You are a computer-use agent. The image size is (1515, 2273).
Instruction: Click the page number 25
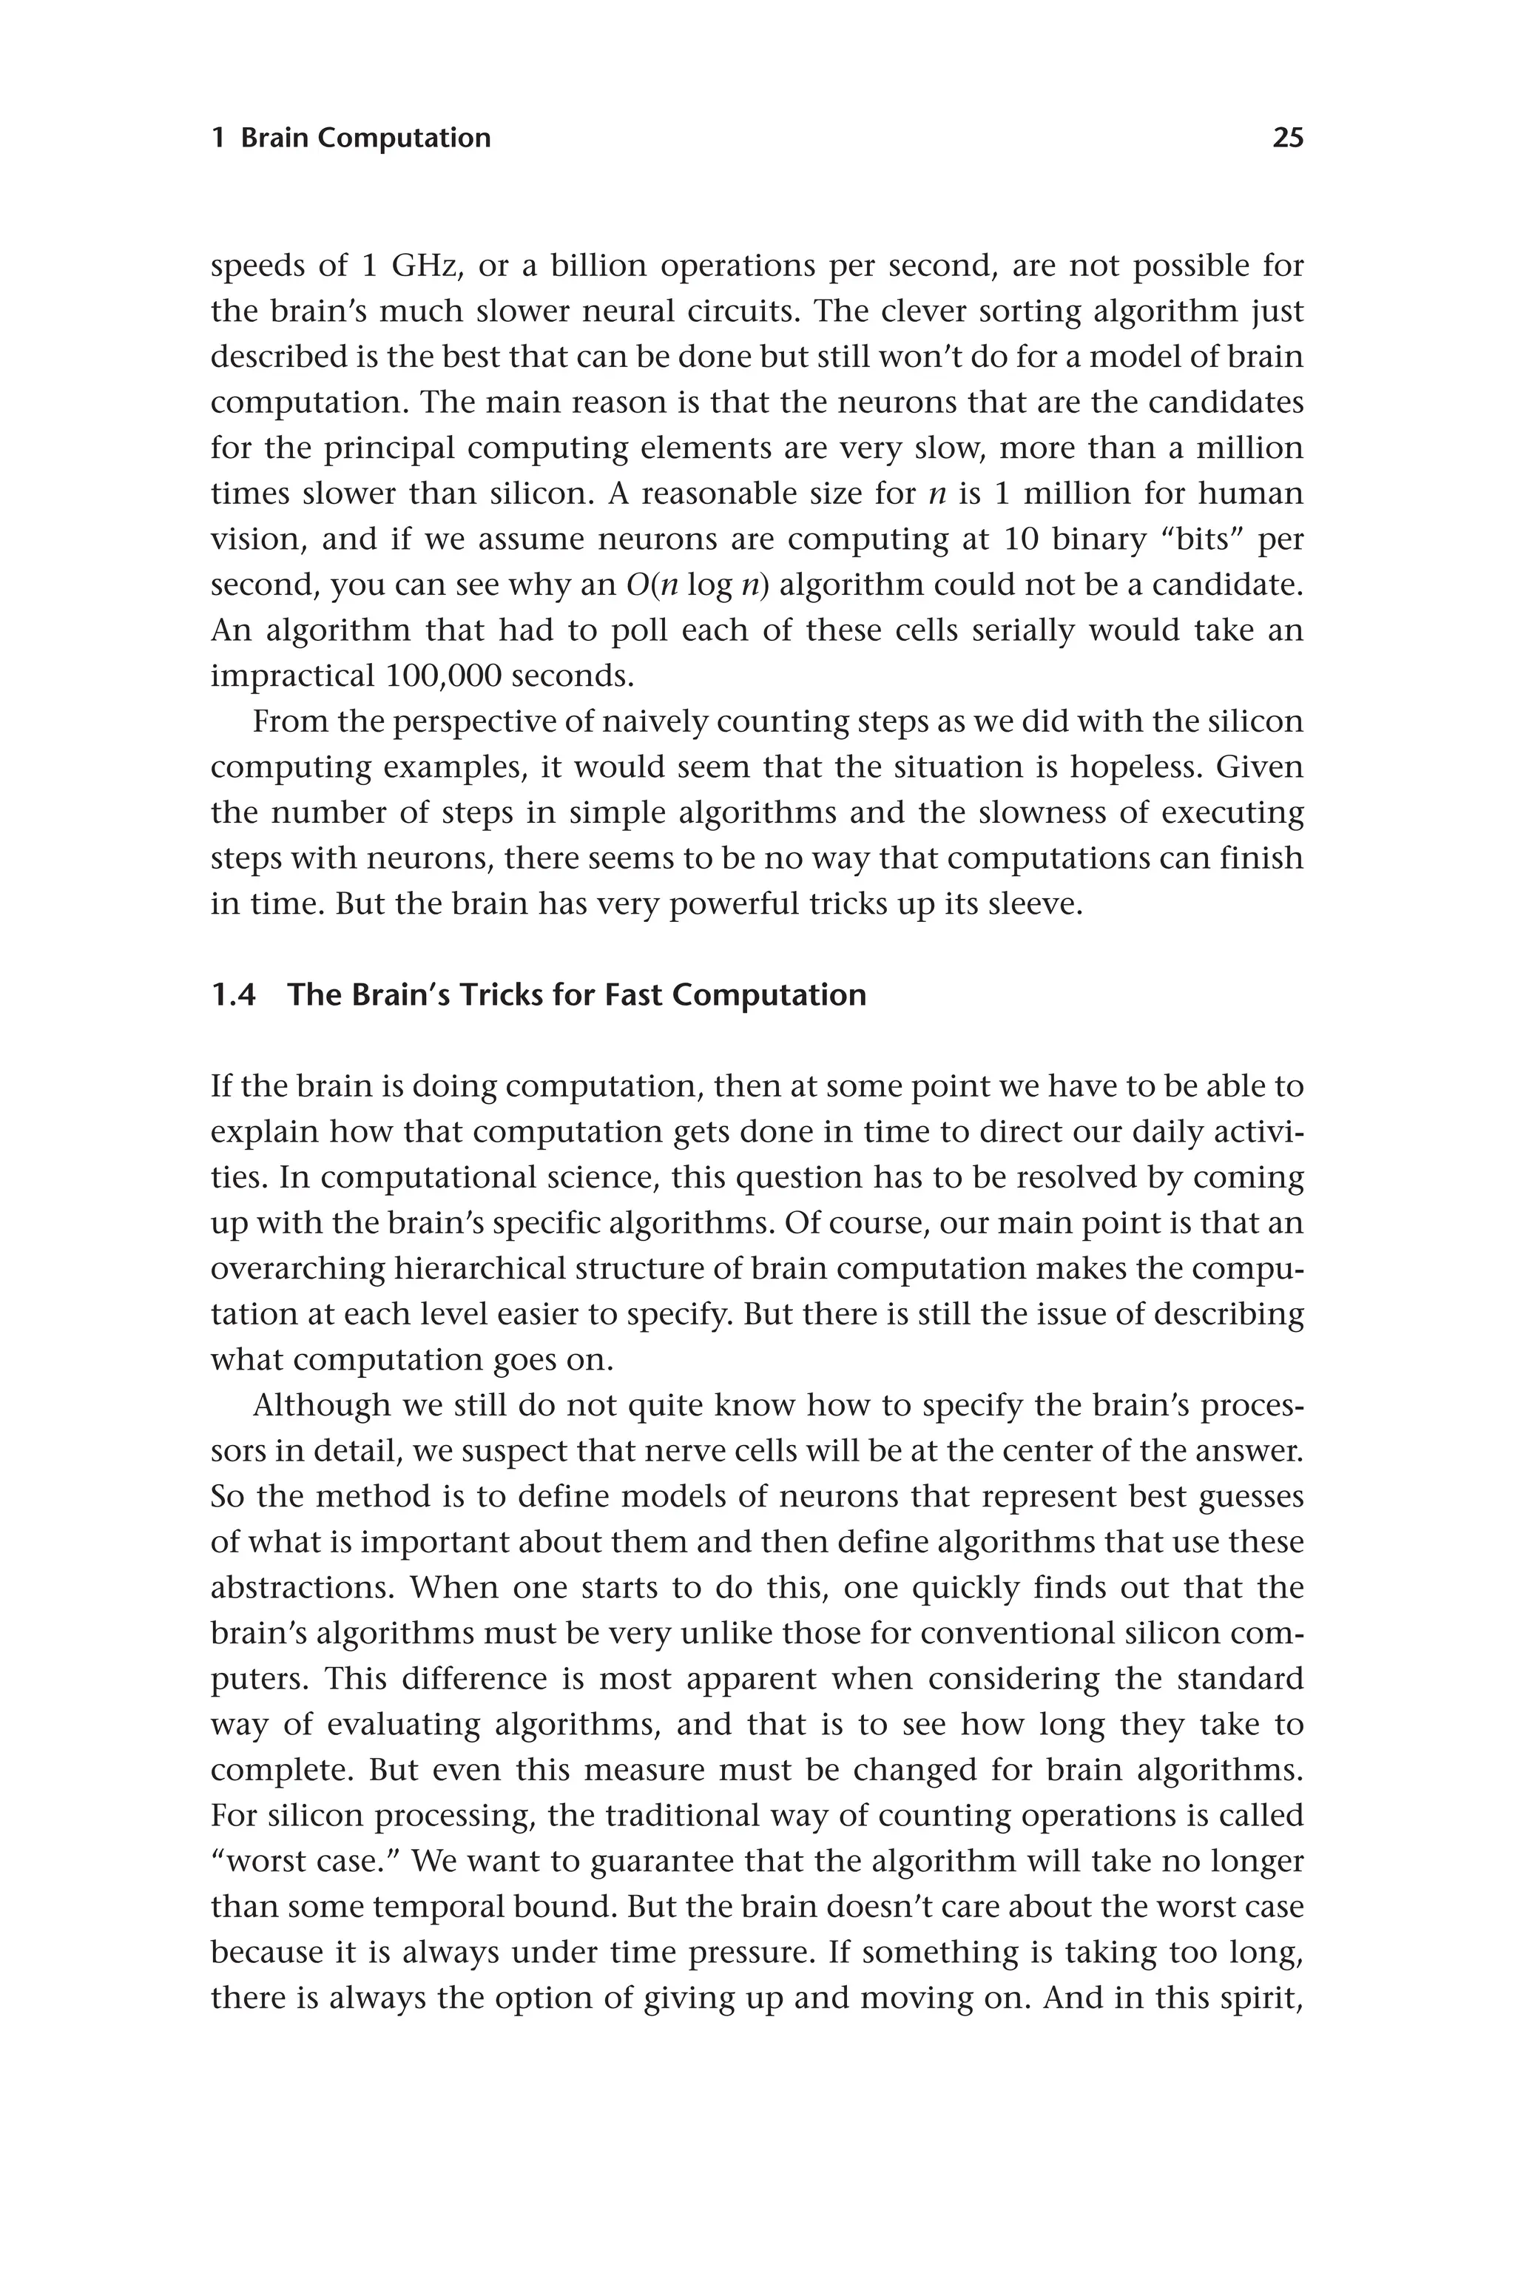1287,138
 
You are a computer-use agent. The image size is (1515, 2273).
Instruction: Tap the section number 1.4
233,994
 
